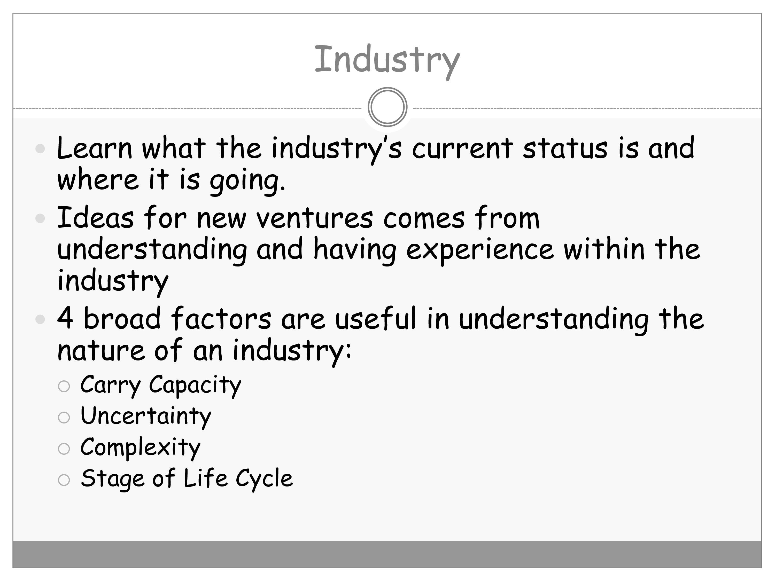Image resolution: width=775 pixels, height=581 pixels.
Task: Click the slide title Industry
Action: pyautogui.click(x=387, y=61)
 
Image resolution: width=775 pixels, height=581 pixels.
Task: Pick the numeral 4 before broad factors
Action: pyautogui.click(x=66, y=318)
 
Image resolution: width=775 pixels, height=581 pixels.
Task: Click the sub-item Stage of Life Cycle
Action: pyautogui.click(x=187, y=479)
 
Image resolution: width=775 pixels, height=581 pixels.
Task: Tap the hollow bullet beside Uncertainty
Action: pyautogui.click(x=64, y=417)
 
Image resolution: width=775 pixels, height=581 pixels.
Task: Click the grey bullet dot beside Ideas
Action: pyautogui.click(x=40, y=218)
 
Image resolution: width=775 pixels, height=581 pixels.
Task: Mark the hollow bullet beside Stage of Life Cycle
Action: pyautogui.click(x=64, y=480)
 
